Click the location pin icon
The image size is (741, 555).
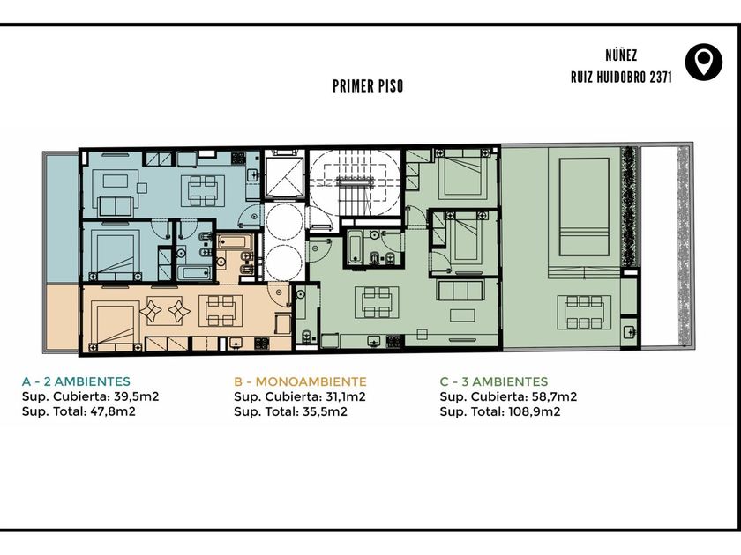tap(704, 62)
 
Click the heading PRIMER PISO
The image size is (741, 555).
tap(368, 86)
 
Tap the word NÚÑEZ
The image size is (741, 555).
tap(621, 55)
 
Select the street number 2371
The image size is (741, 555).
tap(661, 77)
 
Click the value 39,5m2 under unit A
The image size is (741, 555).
tap(136, 396)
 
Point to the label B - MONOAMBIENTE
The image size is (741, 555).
tap(300, 381)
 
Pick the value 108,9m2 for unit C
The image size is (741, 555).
tap(534, 411)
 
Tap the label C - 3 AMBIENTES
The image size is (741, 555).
tap(494, 381)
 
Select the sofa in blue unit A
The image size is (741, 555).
tap(115, 206)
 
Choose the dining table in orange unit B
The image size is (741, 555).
tap(221, 310)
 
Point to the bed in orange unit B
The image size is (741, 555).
tap(116, 327)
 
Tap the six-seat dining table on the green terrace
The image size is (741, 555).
tap(584, 312)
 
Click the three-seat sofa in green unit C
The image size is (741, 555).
tap(460, 290)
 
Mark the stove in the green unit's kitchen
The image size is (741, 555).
tap(394, 341)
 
